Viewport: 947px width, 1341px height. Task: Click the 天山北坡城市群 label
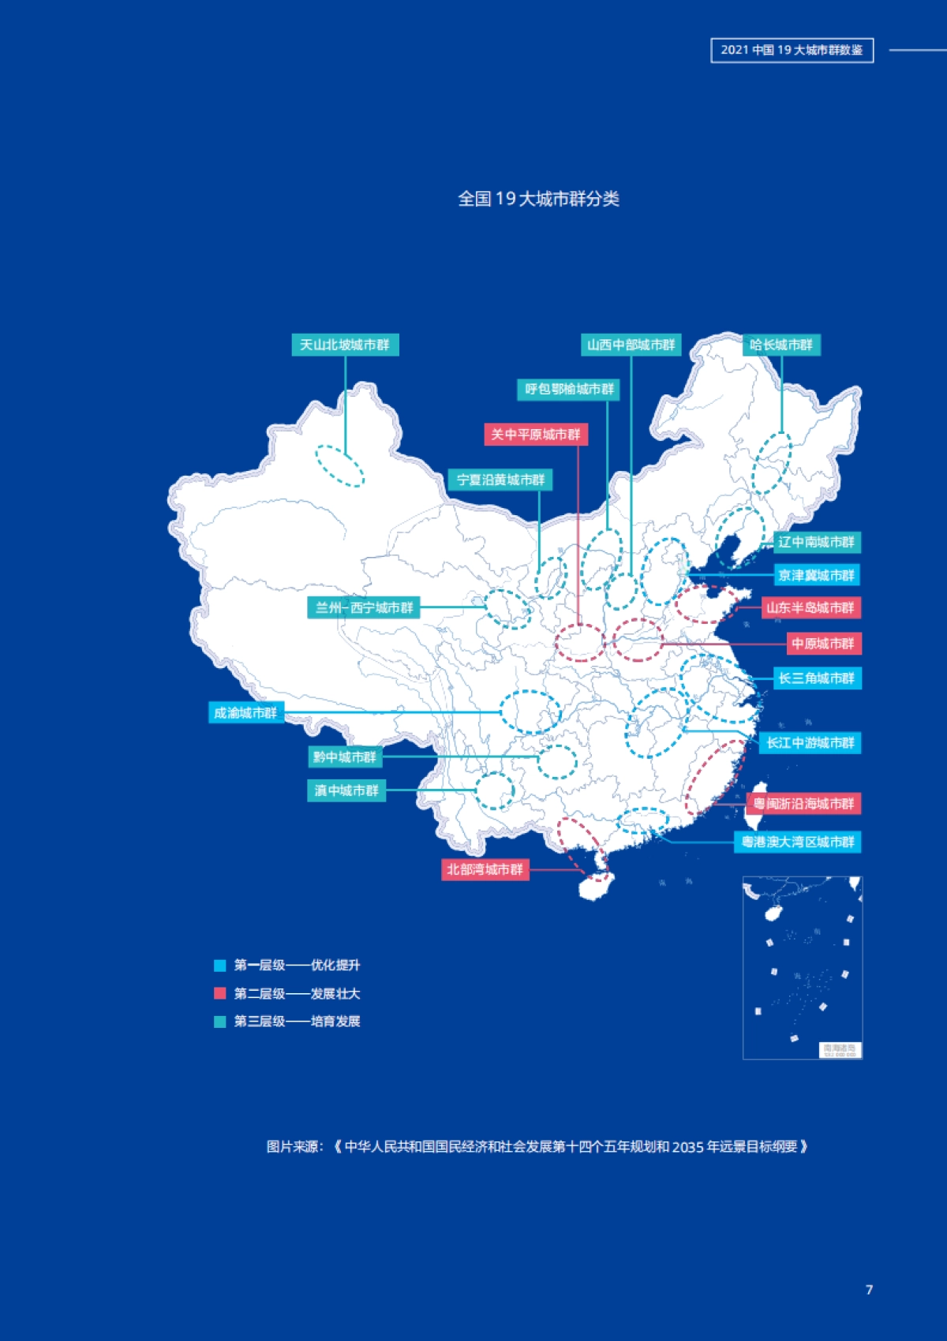tap(345, 345)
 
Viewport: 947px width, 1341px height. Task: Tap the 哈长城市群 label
tap(780, 345)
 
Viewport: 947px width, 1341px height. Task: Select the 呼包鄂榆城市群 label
tap(568, 389)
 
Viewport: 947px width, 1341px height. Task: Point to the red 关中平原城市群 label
tap(535, 435)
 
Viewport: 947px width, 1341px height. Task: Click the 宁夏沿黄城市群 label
tap(500, 480)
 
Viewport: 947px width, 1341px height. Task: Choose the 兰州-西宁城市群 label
tap(364, 607)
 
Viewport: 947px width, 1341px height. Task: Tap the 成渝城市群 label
tap(246, 713)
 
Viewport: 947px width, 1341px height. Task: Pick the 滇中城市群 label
tap(346, 790)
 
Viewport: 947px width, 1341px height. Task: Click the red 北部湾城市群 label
tap(485, 869)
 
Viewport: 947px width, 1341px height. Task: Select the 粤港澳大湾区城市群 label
tap(797, 842)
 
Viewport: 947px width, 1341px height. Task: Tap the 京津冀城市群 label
tap(816, 575)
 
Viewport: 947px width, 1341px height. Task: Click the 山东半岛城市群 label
tap(810, 607)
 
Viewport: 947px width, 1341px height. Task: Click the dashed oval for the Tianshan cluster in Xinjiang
tap(340, 465)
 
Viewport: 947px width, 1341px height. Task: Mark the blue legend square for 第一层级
tap(220, 966)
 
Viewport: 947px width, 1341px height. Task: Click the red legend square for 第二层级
tap(220, 993)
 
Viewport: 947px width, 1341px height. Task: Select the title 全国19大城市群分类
tap(538, 199)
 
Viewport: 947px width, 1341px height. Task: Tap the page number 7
tap(869, 1290)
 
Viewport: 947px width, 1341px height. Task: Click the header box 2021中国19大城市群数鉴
tap(792, 50)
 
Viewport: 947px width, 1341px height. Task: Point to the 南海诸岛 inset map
tap(802, 967)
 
